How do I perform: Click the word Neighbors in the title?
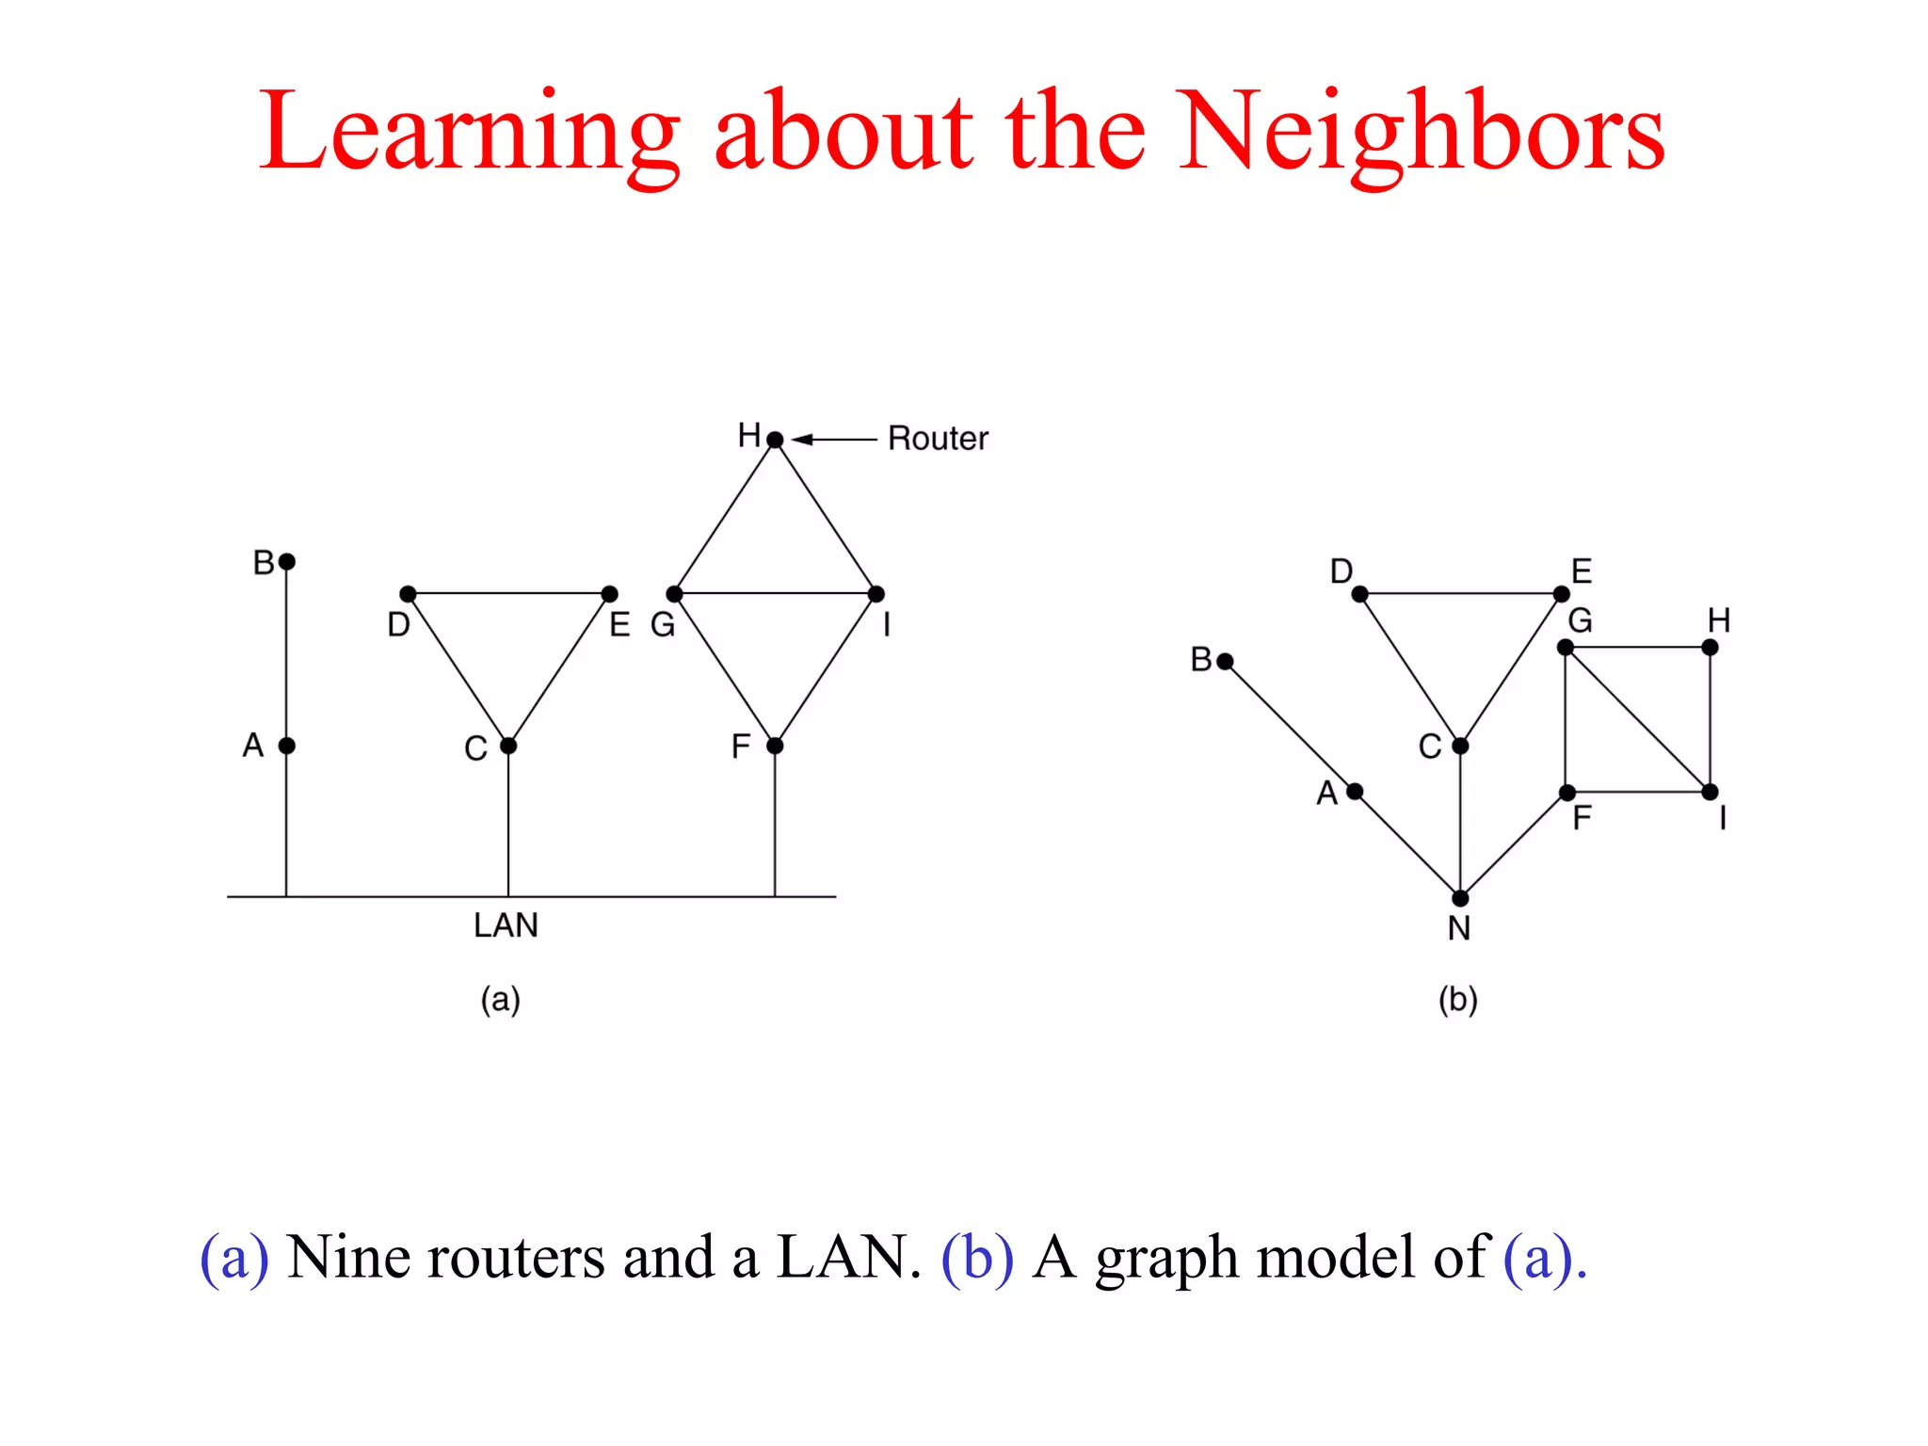1422,132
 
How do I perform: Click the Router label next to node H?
938,439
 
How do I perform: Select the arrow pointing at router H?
833,439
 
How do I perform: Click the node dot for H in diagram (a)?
775,440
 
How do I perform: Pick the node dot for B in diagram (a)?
287,562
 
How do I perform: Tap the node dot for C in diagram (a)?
508,746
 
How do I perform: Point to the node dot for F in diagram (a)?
775,746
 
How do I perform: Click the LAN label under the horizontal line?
506,925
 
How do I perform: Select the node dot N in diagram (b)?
1460,898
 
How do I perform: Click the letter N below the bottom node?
1459,929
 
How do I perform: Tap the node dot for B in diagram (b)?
1225,662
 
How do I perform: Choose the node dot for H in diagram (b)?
1711,648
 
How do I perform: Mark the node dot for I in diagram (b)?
1711,792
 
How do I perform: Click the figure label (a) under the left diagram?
500,999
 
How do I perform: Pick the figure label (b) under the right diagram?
1457,999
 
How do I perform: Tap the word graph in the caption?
1166,1259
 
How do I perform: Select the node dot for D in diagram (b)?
1359,594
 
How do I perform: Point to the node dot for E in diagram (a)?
610,594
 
